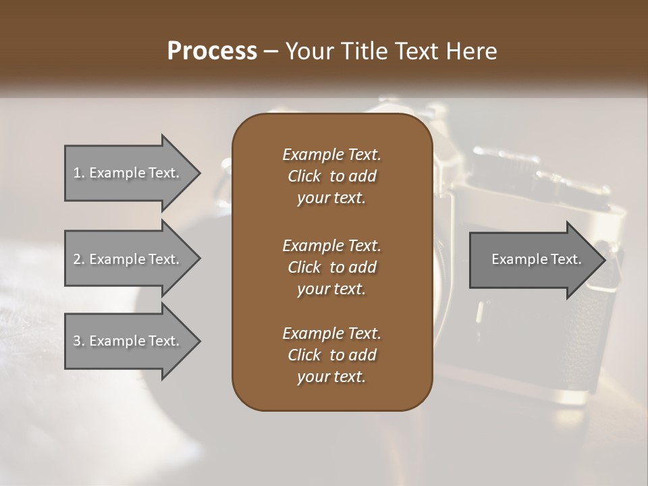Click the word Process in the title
[x=212, y=51]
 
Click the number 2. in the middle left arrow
[x=79, y=259]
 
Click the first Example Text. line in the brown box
[x=331, y=155]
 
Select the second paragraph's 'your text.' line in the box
[x=331, y=289]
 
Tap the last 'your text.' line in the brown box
[x=331, y=377]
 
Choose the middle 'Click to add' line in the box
[x=331, y=267]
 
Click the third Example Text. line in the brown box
[x=331, y=333]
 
